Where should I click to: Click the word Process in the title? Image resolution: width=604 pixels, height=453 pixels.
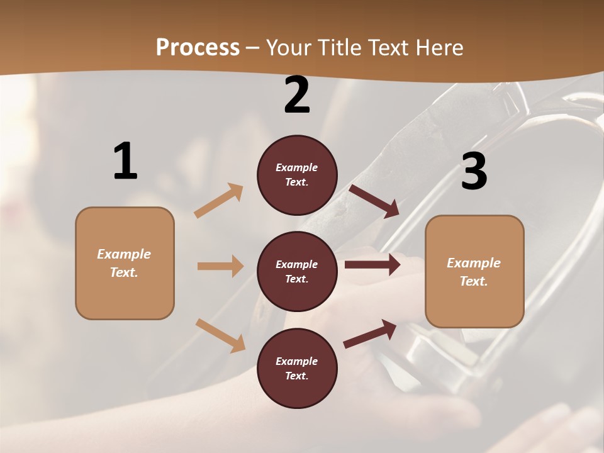click(x=198, y=47)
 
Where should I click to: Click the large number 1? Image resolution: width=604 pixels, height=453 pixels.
click(x=125, y=162)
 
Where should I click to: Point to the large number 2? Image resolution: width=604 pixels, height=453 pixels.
click(x=297, y=95)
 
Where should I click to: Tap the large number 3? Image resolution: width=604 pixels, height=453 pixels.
click(x=474, y=172)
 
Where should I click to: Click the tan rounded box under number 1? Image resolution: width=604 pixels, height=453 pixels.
click(x=125, y=263)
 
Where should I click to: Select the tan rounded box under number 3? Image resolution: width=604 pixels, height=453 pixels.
click(x=474, y=271)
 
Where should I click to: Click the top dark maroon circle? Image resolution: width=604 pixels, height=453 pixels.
click(x=297, y=175)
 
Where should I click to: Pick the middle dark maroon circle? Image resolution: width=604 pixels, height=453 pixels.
click(x=297, y=271)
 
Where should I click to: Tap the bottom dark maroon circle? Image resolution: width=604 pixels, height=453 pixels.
click(x=297, y=368)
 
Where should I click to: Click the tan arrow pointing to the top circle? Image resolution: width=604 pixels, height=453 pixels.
click(x=219, y=200)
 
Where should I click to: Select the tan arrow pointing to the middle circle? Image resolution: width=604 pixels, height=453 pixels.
click(x=220, y=266)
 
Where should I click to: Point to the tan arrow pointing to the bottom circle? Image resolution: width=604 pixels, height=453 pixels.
click(x=220, y=335)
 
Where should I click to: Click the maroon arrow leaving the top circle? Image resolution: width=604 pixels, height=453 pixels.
click(x=374, y=201)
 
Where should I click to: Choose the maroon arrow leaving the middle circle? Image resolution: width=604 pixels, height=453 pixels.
click(x=372, y=265)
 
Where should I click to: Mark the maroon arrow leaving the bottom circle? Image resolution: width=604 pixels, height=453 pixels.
click(x=370, y=333)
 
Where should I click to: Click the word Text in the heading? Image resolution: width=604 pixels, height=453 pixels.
click(x=386, y=47)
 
